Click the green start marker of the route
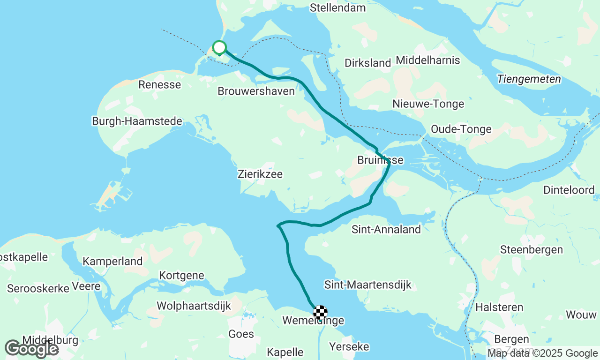[x=219, y=47]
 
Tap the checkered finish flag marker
[x=320, y=312]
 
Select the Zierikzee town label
[x=260, y=174]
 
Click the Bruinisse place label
[x=380, y=160]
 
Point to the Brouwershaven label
[x=256, y=91]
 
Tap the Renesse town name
[x=159, y=84]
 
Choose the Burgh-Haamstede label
[x=137, y=121]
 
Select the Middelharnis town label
[x=428, y=60]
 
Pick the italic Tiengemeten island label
[x=529, y=79]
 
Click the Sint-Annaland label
[x=386, y=229]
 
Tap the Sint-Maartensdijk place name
[x=367, y=285]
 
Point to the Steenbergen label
[x=532, y=249]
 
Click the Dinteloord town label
[x=569, y=190]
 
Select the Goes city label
[x=241, y=334]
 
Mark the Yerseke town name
[x=349, y=346]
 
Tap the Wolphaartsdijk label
[x=194, y=306]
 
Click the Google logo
[x=31, y=349]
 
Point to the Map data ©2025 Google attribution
[x=542, y=353]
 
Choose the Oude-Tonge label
[x=461, y=129]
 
